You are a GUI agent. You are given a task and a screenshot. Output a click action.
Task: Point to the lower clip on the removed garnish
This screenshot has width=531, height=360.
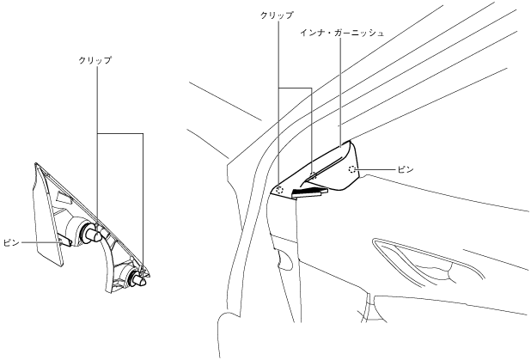coord(136,277)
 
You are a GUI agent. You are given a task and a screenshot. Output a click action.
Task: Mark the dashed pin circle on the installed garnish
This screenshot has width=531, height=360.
coord(352,170)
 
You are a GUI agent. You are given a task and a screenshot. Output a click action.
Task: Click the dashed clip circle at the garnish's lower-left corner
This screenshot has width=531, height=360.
coord(281,189)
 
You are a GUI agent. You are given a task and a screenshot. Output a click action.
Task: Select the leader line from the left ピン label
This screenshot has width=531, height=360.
coord(39,243)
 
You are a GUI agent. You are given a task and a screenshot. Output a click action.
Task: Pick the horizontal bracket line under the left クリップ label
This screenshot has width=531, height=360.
coord(119,133)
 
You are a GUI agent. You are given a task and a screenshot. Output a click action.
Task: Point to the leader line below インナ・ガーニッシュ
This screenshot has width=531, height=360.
coord(342,86)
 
